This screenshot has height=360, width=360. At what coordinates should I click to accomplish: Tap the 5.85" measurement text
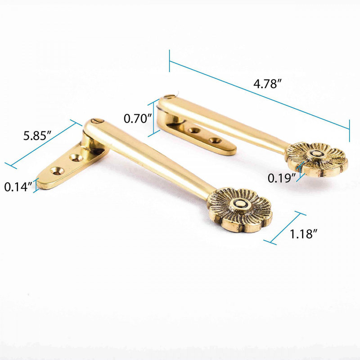(x=38, y=136)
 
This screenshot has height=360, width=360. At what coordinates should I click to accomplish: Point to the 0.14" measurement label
(x=18, y=186)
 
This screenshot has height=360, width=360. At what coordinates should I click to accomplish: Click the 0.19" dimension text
(x=281, y=177)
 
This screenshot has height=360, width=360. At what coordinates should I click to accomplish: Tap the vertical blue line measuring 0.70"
(x=158, y=117)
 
